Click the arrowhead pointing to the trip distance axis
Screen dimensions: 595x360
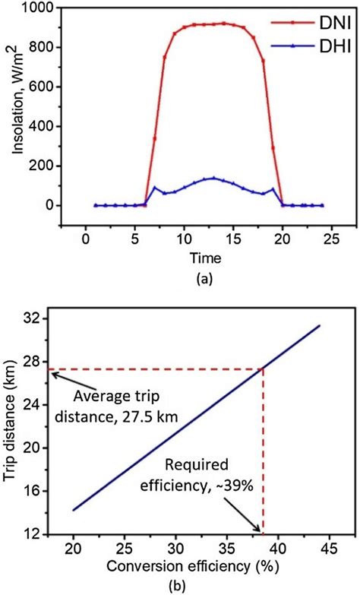[51, 373]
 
